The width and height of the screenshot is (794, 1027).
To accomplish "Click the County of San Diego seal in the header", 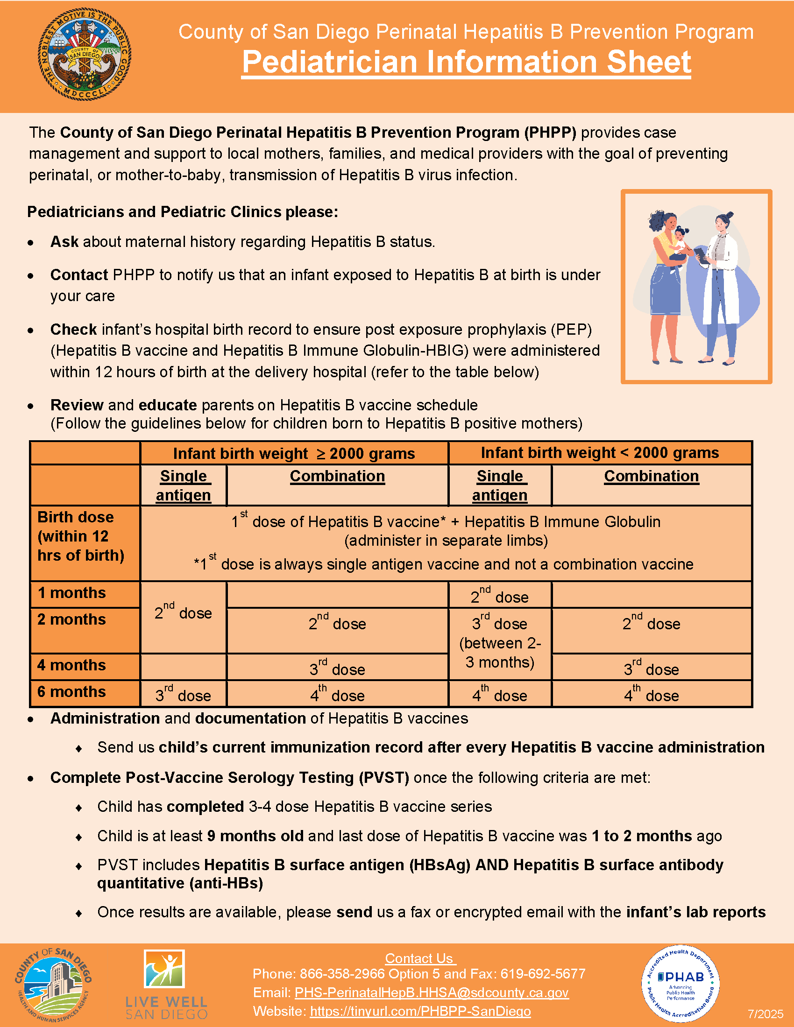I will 85,54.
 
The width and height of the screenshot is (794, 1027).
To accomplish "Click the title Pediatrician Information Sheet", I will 466,62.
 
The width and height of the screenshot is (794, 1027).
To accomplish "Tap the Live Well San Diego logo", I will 166,984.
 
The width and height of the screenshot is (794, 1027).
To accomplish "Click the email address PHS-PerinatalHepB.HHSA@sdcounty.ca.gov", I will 432,992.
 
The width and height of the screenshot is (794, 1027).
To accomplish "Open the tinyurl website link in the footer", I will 420,1011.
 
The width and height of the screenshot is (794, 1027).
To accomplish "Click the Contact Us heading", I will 419,958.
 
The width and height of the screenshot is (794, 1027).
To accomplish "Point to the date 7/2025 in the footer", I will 766,1014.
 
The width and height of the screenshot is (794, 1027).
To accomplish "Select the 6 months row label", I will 71,692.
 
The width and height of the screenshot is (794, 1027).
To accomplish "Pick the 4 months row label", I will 71,665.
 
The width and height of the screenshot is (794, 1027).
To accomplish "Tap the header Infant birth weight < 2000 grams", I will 600,453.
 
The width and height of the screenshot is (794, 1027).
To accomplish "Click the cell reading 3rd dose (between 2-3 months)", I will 500,643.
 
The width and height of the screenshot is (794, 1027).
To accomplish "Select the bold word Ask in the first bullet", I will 64,242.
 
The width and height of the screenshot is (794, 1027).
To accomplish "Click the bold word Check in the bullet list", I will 73,330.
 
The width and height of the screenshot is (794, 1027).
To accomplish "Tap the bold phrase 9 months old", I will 255,836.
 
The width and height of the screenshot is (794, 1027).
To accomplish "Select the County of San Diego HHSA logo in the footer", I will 53,984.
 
